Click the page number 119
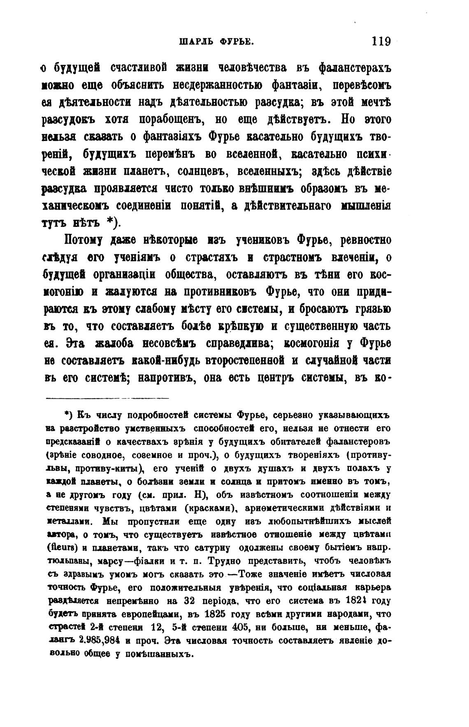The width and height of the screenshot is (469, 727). click(380, 41)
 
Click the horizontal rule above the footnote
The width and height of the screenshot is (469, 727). click(107, 398)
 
